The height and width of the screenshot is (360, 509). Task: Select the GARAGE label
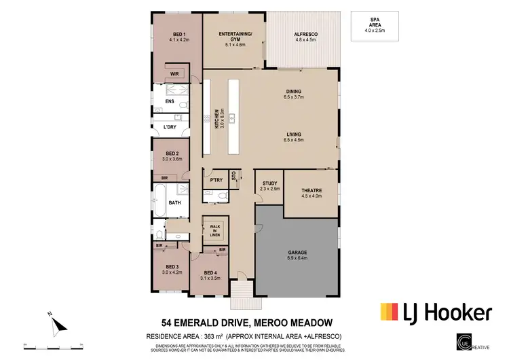(x=296, y=255)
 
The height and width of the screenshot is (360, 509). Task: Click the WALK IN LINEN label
(x=214, y=230)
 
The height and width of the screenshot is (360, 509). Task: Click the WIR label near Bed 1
(x=174, y=74)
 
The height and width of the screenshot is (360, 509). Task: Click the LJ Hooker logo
(x=434, y=312)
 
